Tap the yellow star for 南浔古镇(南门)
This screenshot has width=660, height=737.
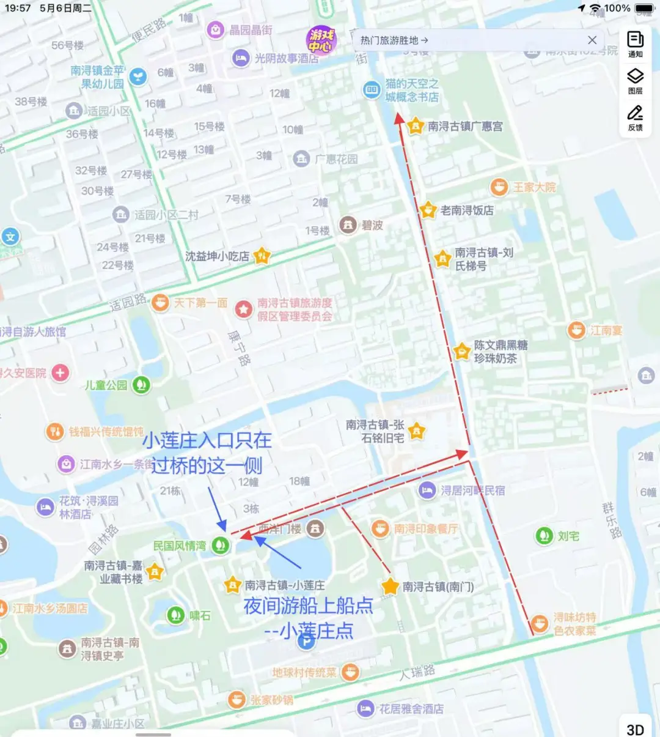pyautogui.click(x=390, y=587)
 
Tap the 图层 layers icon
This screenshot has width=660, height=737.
pyautogui.click(x=636, y=76)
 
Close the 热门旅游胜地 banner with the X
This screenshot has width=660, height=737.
pyautogui.click(x=592, y=40)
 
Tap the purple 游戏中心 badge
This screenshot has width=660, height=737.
pyautogui.click(x=321, y=40)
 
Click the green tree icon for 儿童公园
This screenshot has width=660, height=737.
pyautogui.click(x=142, y=385)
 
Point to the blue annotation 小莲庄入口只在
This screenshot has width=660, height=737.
pyautogui.click(x=207, y=440)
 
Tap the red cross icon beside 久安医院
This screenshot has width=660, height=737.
pyautogui.click(x=60, y=372)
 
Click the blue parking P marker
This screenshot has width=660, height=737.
pyautogui.click(x=306, y=642)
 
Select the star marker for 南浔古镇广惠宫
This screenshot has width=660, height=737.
pyautogui.click(x=416, y=127)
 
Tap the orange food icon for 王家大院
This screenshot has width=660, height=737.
pyautogui.click(x=499, y=187)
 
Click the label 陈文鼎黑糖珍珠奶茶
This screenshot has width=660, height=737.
pyautogui.click(x=501, y=352)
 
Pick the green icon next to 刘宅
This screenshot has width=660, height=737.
pyautogui.click(x=544, y=536)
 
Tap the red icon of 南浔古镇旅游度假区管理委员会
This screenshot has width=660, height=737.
pyautogui.click(x=244, y=309)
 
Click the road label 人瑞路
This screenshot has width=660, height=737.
pyautogui.click(x=417, y=673)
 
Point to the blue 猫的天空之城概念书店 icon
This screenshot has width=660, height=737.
pyautogui.click(x=372, y=90)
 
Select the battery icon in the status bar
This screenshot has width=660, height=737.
pyautogui.click(x=645, y=9)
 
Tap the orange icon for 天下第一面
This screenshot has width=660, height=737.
pyautogui.click(x=160, y=303)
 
